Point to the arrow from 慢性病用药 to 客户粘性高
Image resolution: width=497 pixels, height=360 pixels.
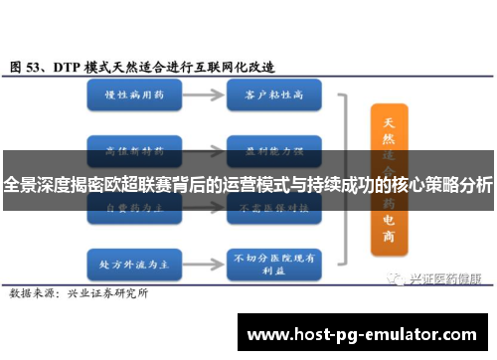201,96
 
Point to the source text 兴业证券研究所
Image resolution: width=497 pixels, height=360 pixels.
107,267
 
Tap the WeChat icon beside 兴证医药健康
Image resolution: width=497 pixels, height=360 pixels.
399,252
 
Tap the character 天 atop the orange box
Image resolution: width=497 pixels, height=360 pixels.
388,122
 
